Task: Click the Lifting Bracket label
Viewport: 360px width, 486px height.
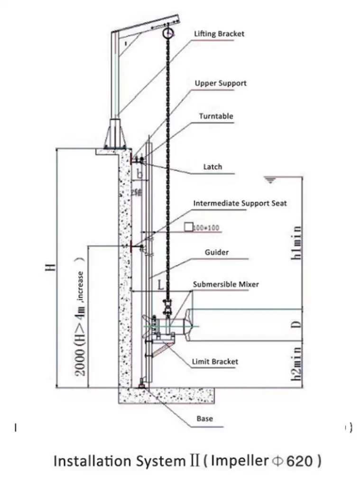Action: coord(219,34)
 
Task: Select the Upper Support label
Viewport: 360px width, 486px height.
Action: coord(221,83)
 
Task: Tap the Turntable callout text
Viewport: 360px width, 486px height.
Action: coord(216,116)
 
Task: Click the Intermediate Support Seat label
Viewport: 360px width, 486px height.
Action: coord(240,203)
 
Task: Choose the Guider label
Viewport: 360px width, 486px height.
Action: coord(216,252)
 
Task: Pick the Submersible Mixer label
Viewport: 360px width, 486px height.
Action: coord(226,284)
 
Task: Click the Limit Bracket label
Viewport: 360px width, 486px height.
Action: coord(215,362)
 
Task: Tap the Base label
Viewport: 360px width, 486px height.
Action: coord(204,419)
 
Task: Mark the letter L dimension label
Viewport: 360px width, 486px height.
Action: coord(161,286)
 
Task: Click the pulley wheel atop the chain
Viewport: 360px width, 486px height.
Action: coord(167,34)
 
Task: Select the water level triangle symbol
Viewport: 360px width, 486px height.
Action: coord(270,180)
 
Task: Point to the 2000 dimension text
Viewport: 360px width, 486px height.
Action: coord(81,358)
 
